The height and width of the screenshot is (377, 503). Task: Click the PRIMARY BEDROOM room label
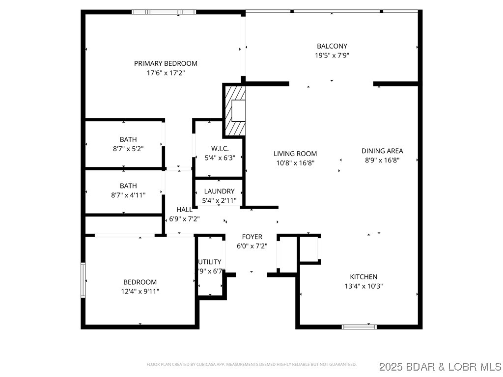tap(166, 63)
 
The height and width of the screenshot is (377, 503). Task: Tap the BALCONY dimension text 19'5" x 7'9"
tap(332, 55)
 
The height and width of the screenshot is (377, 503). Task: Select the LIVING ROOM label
tap(295, 154)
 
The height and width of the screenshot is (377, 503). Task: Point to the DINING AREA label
tap(382, 151)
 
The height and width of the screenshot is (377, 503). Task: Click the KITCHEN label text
tap(363, 277)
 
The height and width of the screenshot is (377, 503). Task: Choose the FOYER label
tap(252, 237)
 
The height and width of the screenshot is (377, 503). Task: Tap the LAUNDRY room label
tap(219, 191)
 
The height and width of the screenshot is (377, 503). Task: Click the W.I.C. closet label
tap(220, 148)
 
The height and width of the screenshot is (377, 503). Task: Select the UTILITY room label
tap(210, 262)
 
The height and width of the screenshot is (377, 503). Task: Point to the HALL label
tap(185, 210)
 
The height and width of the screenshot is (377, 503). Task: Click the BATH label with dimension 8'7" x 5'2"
tap(128, 139)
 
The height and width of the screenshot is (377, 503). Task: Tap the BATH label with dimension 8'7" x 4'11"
tap(128, 186)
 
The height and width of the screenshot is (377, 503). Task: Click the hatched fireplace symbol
tap(235, 110)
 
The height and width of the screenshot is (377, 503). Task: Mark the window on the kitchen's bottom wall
tap(359, 326)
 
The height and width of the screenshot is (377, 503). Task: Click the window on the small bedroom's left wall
tap(83, 280)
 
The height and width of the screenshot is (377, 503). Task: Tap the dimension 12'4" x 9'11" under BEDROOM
tap(140, 291)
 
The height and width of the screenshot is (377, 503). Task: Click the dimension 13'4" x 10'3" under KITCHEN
tap(363, 286)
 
